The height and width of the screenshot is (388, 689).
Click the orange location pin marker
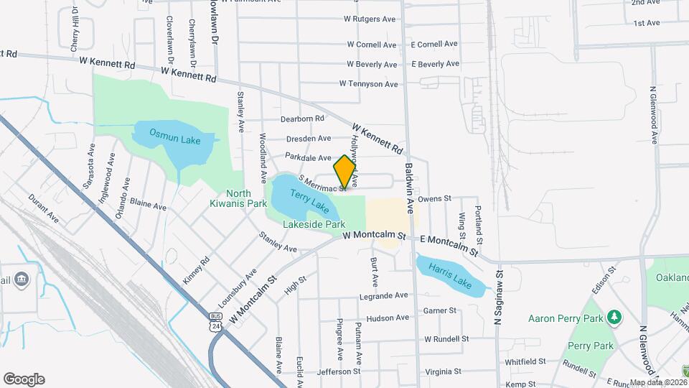345,172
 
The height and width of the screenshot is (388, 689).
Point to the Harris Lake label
451,274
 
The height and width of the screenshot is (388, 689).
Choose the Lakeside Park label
314,224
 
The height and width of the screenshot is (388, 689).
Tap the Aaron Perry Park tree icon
614,317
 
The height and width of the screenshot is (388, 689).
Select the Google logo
24,379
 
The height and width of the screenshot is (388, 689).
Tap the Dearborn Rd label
304,118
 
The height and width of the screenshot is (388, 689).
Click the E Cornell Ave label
434,44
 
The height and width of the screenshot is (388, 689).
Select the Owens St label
433,198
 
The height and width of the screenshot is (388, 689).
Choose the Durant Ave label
44,208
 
